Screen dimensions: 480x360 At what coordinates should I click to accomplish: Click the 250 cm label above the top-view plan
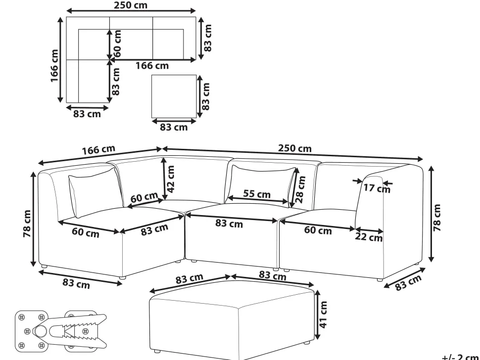point(131,5)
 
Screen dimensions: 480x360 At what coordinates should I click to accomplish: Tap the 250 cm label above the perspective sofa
point(295,148)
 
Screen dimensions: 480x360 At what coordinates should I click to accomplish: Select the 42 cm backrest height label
point(171,179)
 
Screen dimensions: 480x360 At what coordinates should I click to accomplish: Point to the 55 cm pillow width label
point(257,194)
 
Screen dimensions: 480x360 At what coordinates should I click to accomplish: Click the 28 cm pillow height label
point(300,189)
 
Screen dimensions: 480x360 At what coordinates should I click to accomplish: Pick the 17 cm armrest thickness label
point(377,188)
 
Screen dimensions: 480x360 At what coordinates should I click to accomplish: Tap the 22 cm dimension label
point(369,237)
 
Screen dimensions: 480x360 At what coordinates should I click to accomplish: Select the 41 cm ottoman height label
point(323,315)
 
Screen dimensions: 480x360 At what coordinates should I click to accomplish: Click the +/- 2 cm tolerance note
point(460,357)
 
